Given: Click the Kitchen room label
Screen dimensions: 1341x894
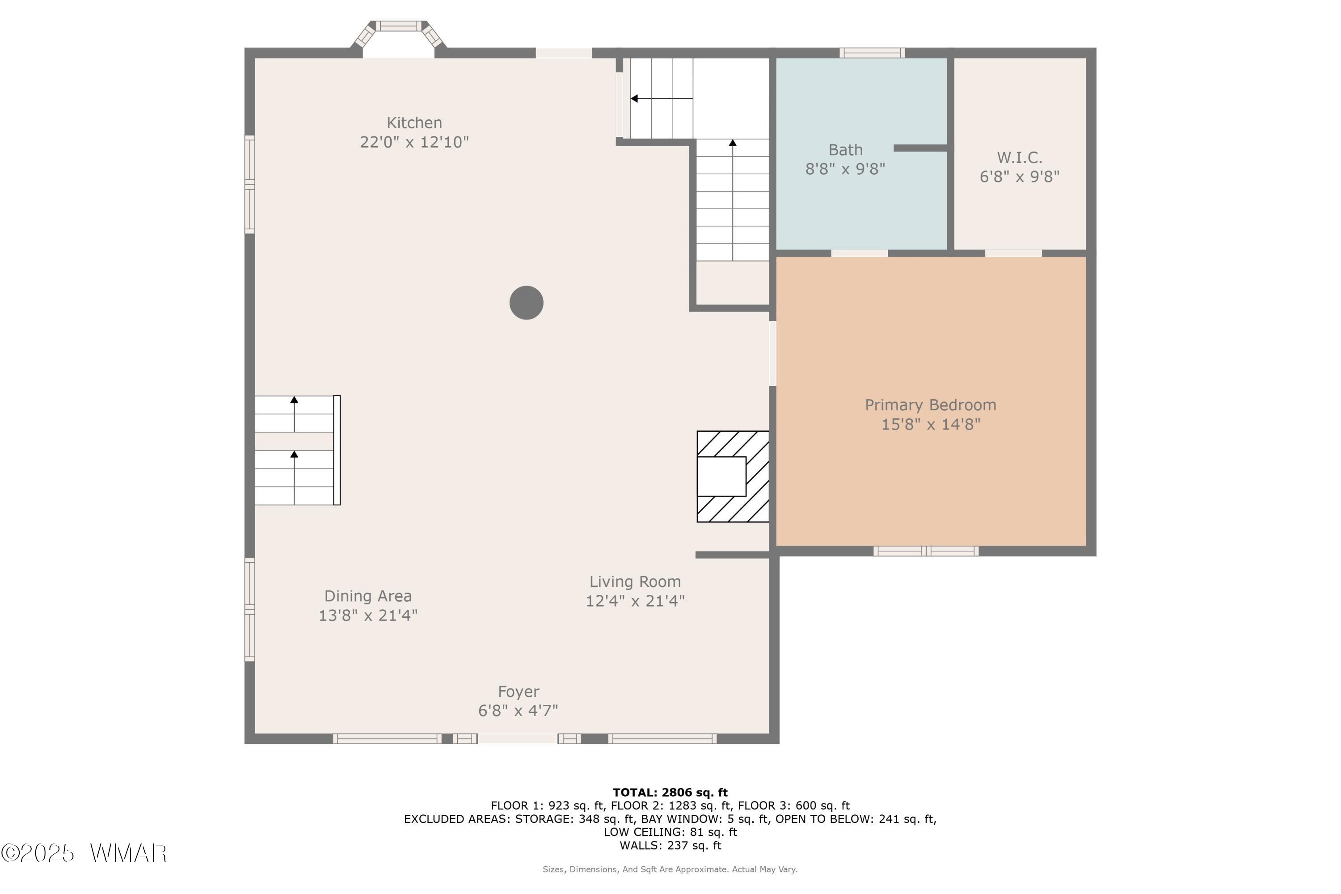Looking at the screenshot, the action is pyautogui.click(x=414, y=122).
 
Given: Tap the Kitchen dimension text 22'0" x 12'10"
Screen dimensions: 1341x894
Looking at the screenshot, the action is pyautogui.click(x=414, y=142).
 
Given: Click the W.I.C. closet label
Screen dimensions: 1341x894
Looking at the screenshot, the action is pyautogui.click(x=1020, y=157).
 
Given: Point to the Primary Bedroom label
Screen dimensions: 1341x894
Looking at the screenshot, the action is pyautogui.click(x=931, y=405).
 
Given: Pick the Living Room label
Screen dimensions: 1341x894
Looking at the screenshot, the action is pyautogui.click(x=635, y=582).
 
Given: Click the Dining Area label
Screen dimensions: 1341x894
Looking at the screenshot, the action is pyautogui.click(x=368, y=596).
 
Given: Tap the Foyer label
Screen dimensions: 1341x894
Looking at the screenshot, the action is pyautogui.click(x=518, y=692).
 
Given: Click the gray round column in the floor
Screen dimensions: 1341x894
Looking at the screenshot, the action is pyautogui.click(x=526, y=303).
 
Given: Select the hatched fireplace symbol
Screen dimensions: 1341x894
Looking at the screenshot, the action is pyautogui.click(x=733, y=477).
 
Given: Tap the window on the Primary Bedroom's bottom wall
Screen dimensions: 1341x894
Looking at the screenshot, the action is pyautogui.click(x=926, y=551).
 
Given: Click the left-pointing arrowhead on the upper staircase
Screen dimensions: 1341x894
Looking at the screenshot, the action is pyautogui.click(x=634, y=99).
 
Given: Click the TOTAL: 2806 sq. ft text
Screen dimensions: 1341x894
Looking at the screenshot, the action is pyautogui.click(x=670, y=793).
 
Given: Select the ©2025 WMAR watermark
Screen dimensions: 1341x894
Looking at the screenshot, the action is pyautogui.click(x=84, y=853).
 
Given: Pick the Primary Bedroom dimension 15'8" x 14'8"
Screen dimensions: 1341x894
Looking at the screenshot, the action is pyautogui.click(x=931, y=425).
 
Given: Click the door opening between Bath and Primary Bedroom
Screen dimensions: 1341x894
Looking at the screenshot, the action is pyautogui.click(x=859, y=253).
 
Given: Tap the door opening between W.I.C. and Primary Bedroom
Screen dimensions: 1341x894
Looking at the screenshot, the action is pyautogui.click(x=1013, y=253).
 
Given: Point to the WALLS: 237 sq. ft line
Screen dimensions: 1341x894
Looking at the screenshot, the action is pyautogui.click(x=670, y=846).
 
